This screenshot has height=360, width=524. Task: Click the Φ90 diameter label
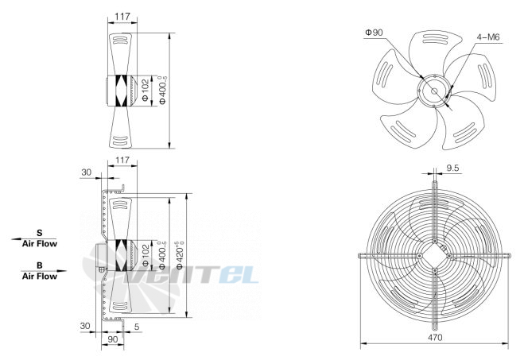pos(374,33)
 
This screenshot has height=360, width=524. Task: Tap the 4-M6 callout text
pos(488,37)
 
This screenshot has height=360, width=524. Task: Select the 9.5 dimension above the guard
pos(452,168)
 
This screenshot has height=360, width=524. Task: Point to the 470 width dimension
pos(435,337)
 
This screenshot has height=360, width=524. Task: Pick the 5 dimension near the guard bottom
pos(137,327)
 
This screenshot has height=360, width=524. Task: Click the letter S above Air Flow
pos(40,233)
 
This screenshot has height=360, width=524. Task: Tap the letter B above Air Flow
pos(40,265)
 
